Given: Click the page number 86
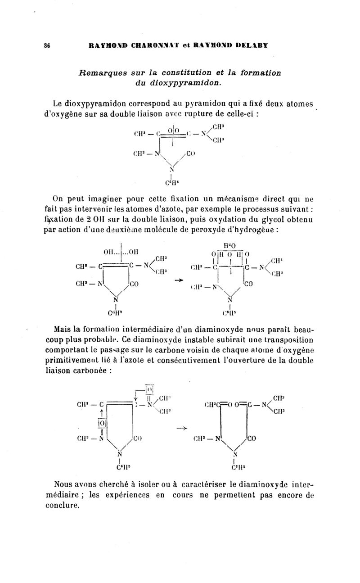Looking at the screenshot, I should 46,45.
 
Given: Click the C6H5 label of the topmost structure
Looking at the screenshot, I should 171,183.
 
